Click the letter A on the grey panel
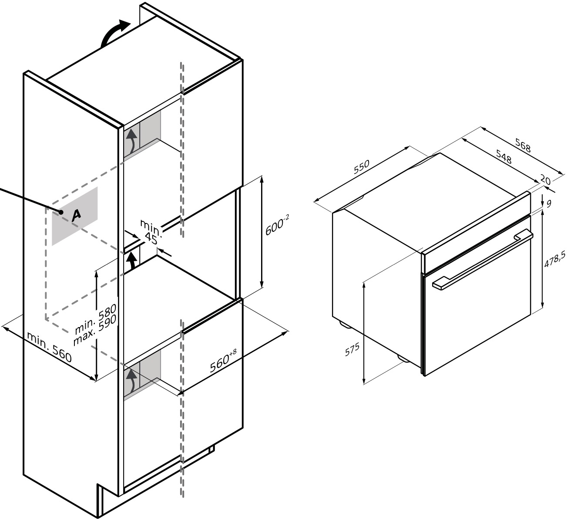point(76,215)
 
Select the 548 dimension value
point(503,157)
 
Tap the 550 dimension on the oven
point(362,167)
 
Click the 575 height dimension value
point(352,349)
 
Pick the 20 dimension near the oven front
point(545,180)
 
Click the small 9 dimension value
point(549,203)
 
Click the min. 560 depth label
point(49,347)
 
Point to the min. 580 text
point(95,319)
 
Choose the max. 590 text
point(95,331)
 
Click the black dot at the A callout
point(61,212)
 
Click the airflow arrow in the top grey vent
point(131,143)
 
